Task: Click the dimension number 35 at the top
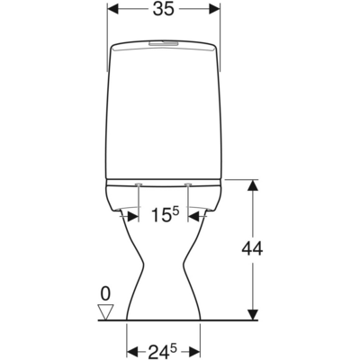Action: pos(163,11)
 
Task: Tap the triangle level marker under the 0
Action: pos(105,311)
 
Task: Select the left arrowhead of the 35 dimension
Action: pos(112,11)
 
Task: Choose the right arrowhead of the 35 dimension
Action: pos(214,11)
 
